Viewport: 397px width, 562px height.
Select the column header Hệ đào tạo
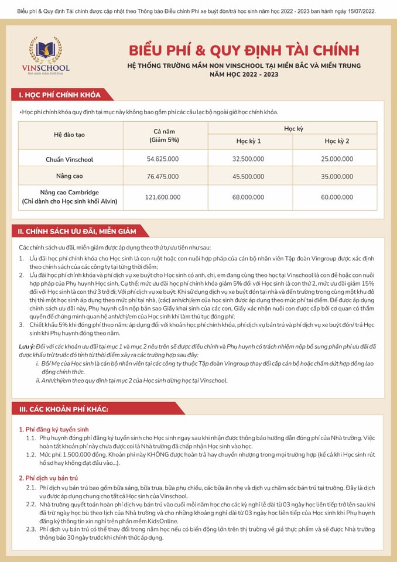(x=70, y=134)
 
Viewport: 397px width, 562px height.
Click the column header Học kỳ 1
(x=248, y=141)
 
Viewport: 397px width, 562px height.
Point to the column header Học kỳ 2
(x=337, y=141)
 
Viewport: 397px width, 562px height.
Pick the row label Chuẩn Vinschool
(x=70, y=159)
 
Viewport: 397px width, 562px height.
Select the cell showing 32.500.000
(x=248, y=159)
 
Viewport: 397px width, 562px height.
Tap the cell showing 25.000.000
(x=337, y=159)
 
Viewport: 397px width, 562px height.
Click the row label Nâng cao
(x=70, y=176)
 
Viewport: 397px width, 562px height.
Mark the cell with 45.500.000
(x=248, y=176)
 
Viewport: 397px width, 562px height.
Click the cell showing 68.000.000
(x=248, y=197)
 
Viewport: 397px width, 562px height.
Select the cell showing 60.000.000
(x=337, y=197)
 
